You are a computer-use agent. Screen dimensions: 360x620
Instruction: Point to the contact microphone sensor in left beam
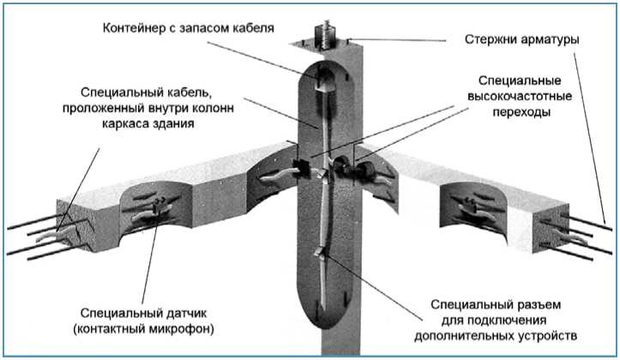click(159, 203)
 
